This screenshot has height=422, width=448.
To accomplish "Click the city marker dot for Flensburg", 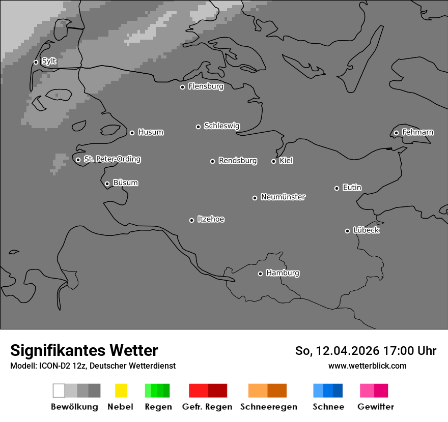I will (182, 87).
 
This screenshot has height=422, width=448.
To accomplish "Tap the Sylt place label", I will (49, 62).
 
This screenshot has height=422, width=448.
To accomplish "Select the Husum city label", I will (151, 132).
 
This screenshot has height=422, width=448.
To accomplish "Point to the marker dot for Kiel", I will (273, 161).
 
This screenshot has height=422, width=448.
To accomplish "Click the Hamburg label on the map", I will (283, 273).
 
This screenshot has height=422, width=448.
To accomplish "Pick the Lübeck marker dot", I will (347, 231).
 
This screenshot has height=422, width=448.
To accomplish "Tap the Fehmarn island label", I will (417, 132).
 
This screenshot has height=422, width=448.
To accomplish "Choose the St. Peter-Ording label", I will (112, 159).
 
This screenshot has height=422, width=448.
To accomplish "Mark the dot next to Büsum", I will (107, 184).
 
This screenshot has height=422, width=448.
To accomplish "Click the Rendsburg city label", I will (238, 161).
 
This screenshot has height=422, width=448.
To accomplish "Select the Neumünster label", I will (283, 197).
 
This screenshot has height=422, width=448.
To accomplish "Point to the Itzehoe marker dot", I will (191, 220).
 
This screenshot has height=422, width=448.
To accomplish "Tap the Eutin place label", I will (352, 188).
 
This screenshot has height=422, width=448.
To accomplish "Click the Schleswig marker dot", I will (198, 127).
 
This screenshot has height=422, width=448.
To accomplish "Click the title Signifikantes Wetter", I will (84, 350).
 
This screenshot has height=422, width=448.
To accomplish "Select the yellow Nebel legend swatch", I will (121, 390).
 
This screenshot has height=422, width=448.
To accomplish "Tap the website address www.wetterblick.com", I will (367, 366).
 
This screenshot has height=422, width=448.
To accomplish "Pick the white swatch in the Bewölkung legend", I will (59, 390).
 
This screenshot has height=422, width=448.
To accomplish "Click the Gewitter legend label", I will (375, 407).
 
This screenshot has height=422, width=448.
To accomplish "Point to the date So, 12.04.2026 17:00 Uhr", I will (366, 351).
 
